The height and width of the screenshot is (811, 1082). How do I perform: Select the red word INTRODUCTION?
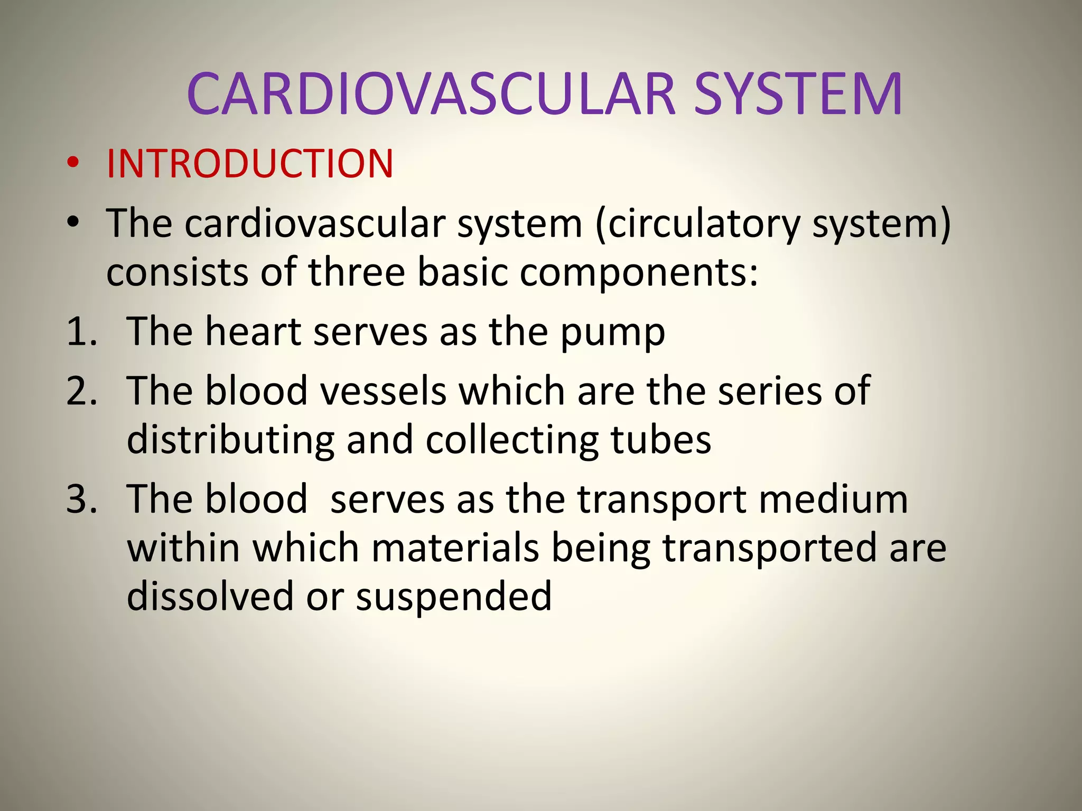(250, 164)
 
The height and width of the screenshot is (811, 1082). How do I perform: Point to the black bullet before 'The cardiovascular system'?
(73, 222)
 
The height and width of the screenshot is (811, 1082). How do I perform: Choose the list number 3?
(82, 499)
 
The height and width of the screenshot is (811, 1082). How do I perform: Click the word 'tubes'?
(660, 440)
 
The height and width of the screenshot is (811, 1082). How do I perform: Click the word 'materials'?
(455, 548)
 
